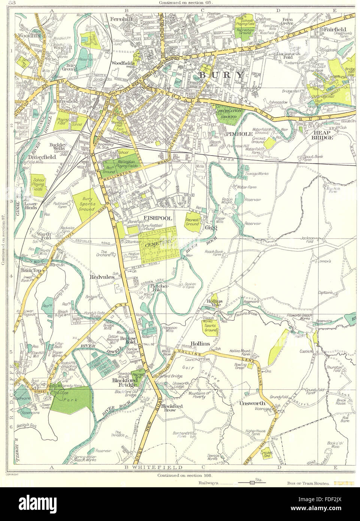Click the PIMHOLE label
click(x=231, y=133)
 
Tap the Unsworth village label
click(x=254, y=403)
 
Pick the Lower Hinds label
click(x=28, y=208)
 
